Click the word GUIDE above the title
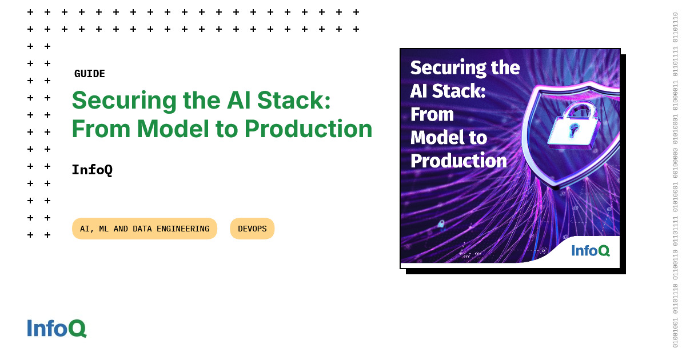pyautogui.click(x=90, y=74)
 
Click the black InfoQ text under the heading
pyautogui.click(x=92, y=170)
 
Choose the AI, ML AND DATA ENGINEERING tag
pyautogui.click(x=145, y=229)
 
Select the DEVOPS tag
pyautogui.click(x=252, y=229)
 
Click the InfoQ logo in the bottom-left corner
pyautogui.click(x=57, y=328)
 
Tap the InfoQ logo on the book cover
pyautogui.click(x=590, y=250)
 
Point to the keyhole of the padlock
pyautogui.click(x=571, y=131)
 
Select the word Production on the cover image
pyautogui.click(x=458, y=161)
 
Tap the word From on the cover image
pyautogui.click(x=432, y=114)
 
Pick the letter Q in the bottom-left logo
pyautogui.click(x=78, y=329)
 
